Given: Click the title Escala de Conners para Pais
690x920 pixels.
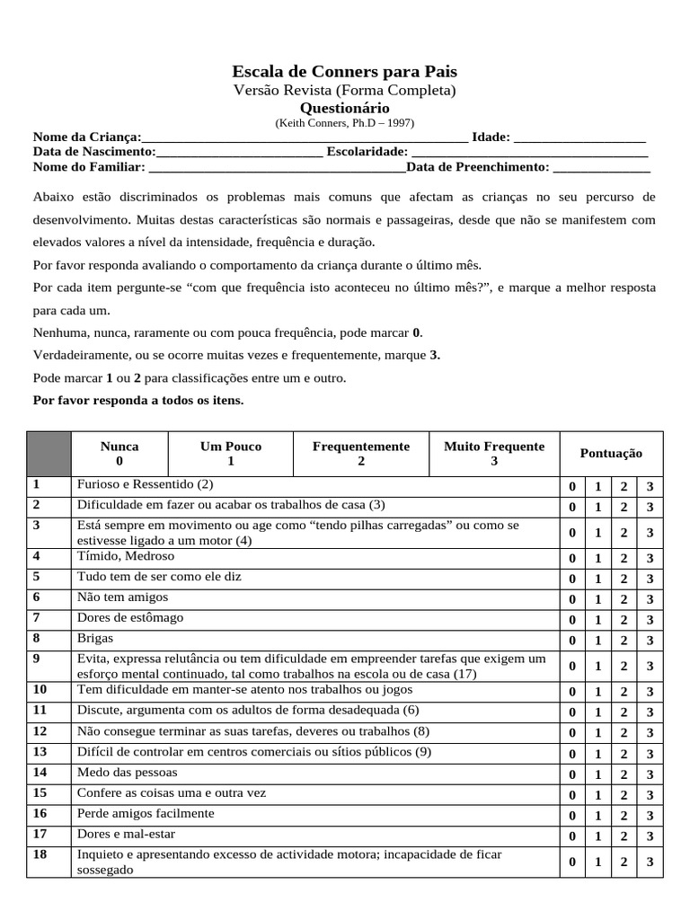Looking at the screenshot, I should (345, 72).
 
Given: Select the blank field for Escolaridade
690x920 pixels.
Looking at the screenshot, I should (529, 152).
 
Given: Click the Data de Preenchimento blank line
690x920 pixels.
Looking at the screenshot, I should (601, 167).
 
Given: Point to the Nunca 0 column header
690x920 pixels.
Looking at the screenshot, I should (119, 454).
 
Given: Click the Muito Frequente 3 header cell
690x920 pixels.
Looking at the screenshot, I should (493, 454).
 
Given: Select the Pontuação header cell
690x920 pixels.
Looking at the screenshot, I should (611, 454).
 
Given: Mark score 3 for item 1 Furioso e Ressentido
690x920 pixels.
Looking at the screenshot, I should (650, 487).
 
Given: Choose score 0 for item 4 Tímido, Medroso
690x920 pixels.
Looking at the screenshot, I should (571, 559).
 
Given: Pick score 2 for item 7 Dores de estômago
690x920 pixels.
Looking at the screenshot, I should (624, 620).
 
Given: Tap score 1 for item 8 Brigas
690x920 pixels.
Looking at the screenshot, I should (597, 641).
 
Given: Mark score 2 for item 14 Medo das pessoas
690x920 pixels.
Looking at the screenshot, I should (624, 774).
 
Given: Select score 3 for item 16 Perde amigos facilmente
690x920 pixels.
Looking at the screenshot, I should (650, 816).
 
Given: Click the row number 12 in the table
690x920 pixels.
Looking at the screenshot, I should (40, 731).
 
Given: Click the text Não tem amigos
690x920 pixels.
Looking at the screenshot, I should (122, 597).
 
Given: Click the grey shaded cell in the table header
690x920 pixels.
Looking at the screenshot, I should (49, 454).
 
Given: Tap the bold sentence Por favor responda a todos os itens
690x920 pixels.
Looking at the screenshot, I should (137, 400).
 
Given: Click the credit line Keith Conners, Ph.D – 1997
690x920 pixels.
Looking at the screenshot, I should (345, 123).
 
